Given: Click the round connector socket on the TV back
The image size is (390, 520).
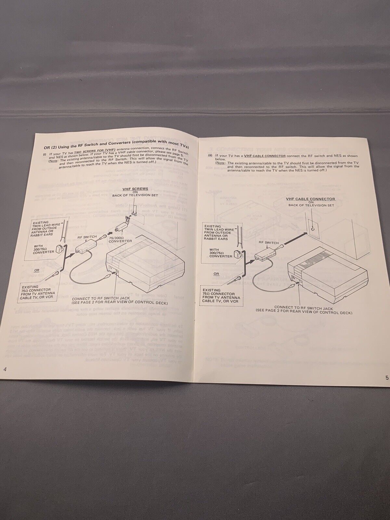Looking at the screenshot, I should click(x=313, y=228).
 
